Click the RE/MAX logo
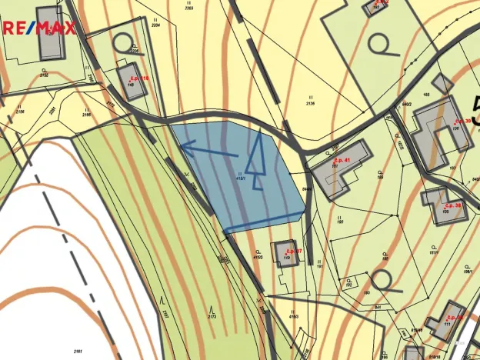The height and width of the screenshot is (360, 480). (x=38, y=29)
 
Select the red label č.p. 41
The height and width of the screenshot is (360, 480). (x=339, y=160)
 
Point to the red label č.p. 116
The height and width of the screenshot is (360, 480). (x=139, y=78)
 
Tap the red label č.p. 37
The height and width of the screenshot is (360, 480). (x=293, y=251)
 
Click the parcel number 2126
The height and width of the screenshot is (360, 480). (x=310, y=102)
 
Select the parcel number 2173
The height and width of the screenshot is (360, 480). (x=212, y=316)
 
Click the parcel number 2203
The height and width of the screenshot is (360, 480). (x=189, y=8)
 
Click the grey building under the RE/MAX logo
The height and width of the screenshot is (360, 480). (x=52, y=33)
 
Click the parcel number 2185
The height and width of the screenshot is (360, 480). (x=86, y=115)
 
